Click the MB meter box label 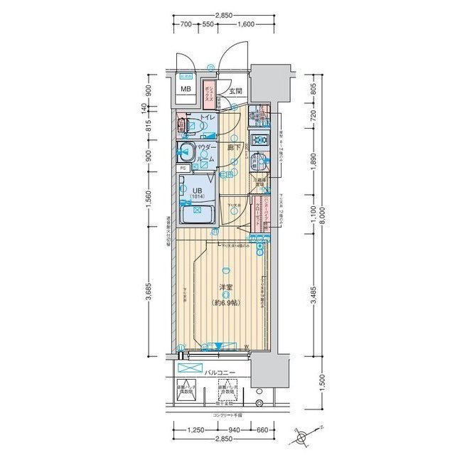pos(186,89)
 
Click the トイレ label pos(208,117)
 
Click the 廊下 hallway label pos(232,148)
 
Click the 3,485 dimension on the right pos(313,294)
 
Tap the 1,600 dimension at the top pos(245,24)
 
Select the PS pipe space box pos(183,168)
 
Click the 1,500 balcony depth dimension pos(323,384)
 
